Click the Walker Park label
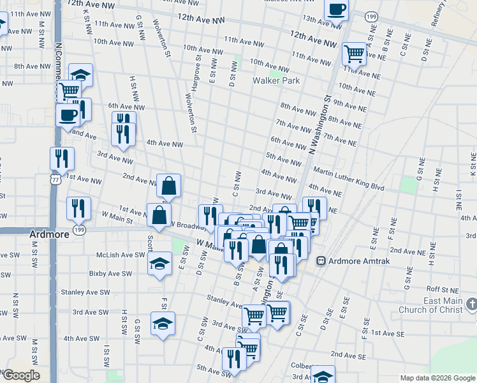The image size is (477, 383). pos(276,81)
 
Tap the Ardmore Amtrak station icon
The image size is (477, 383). pos(321,260)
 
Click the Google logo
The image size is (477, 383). pos(20,375)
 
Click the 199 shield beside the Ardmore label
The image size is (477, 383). pos(79,230)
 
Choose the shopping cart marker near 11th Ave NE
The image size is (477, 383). pos(354,53)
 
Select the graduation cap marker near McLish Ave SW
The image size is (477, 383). pos(159,263)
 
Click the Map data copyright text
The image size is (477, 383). pos(437,378)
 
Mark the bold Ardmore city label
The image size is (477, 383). pos(49,234)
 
